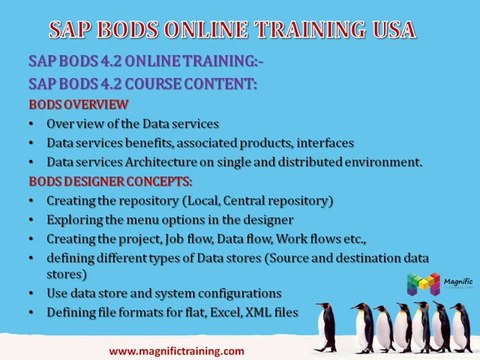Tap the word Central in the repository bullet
(x=252, y=201)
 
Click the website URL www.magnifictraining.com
(x=176, y=351)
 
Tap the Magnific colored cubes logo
(x=422, y=283)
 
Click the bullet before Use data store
(x=33, y=293)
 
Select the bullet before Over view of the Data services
(x=33, y=123)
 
